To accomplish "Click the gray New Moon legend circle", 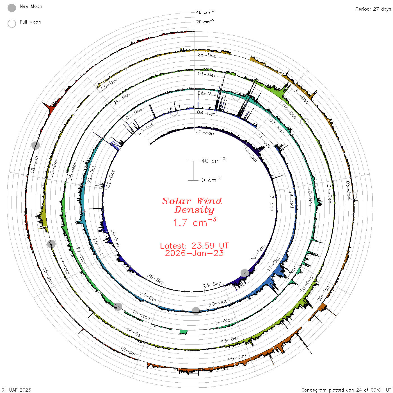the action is point(12,8).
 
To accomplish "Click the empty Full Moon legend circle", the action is point(12,24).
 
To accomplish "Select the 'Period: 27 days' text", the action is point(373,9).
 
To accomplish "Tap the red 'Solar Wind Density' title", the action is point(192,205).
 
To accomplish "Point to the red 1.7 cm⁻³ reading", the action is point(195,222).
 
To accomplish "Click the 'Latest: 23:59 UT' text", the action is point(194,246).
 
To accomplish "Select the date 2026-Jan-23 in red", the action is point(194,253).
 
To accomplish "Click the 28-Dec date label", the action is point(207,55).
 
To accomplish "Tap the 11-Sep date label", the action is point(205,132).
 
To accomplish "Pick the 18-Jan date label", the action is point(34,164).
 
